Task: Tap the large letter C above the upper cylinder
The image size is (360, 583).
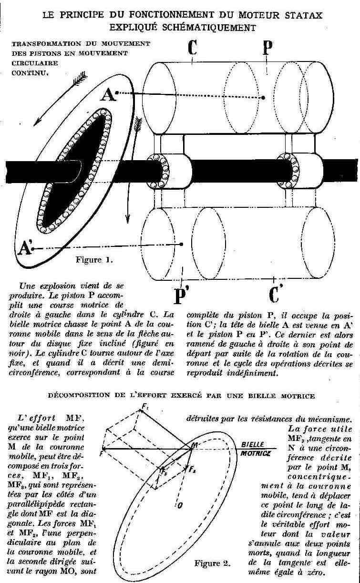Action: [193, 49]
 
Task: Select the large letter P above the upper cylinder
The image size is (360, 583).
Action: [267, 49]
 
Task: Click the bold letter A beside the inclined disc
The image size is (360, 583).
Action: [109, 95]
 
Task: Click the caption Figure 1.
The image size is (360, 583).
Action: [95, 260]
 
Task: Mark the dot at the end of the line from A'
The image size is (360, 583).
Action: [182, 244]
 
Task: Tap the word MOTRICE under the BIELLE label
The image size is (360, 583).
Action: [255, 453]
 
